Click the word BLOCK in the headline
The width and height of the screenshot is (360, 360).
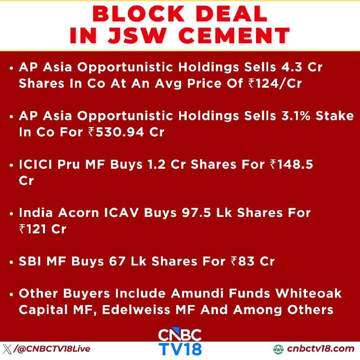tap(138, 14)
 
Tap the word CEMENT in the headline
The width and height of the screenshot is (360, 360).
tap(234, 36)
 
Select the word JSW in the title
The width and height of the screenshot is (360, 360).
tap(136, 36)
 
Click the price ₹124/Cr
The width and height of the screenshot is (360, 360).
tap(275, 83)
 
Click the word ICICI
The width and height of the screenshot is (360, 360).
tap(36, 164)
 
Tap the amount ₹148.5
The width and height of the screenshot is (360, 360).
tap(292, 164)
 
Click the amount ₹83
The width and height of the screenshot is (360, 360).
tap(243, 261)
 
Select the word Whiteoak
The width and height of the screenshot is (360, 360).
tap(308, 293)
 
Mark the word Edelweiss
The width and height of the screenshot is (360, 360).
tap(136, 310)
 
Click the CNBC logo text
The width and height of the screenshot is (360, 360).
tap(180, 335)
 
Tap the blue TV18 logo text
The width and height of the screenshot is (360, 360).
tap(180, 349)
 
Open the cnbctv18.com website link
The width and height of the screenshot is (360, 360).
tap(320, 349)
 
